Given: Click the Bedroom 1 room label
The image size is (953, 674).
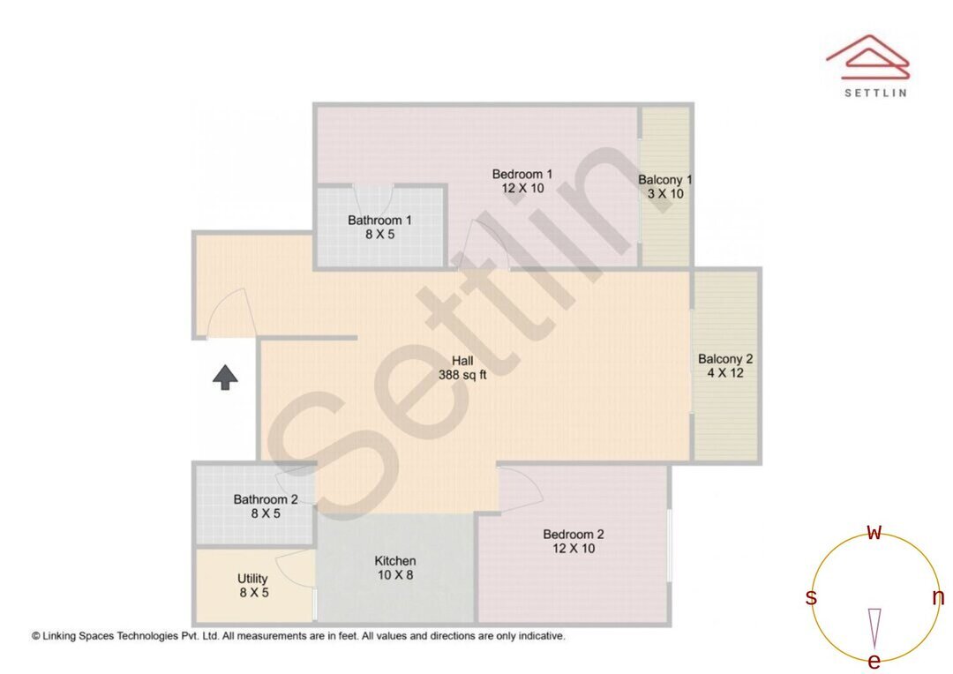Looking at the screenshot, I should click(x=522, y=175).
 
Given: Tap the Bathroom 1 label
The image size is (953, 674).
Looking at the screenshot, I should click(x=379, y=221).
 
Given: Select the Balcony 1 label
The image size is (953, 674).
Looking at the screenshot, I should click(x=665, y=180).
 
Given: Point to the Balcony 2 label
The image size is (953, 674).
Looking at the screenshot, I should click(x=725, y=359).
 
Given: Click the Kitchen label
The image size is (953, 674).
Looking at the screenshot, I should click(x=395, y=561).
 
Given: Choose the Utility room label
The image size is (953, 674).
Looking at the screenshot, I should click(x=252, y=579).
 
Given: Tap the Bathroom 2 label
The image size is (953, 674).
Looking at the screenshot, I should click(x=266, y=499).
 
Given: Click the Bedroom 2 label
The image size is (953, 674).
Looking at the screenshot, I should click(x=574, y=535).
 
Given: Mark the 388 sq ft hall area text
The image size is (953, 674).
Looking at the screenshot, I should click(x=462, y=374).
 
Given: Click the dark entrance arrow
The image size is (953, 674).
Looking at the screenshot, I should click(x=226, y=378).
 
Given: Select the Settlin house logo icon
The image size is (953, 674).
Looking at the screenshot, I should click(x=867, y=57).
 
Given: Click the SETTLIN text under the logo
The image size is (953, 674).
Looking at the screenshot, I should click(x=875, y=92).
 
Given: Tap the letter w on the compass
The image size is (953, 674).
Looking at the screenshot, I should click(x=874, y=533).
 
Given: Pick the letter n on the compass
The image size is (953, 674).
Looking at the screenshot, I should click(x=938, y=598).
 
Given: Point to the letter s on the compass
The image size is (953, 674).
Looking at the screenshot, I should click(x=811, y=598).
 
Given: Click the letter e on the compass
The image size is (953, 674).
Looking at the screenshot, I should click(x=874, y=662).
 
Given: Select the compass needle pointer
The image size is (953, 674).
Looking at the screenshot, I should click(x=874, y=628).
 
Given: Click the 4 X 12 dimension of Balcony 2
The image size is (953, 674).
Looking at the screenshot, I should click(x=725, y=373).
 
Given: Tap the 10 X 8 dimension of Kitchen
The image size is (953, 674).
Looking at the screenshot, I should click(x=395, y=575).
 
